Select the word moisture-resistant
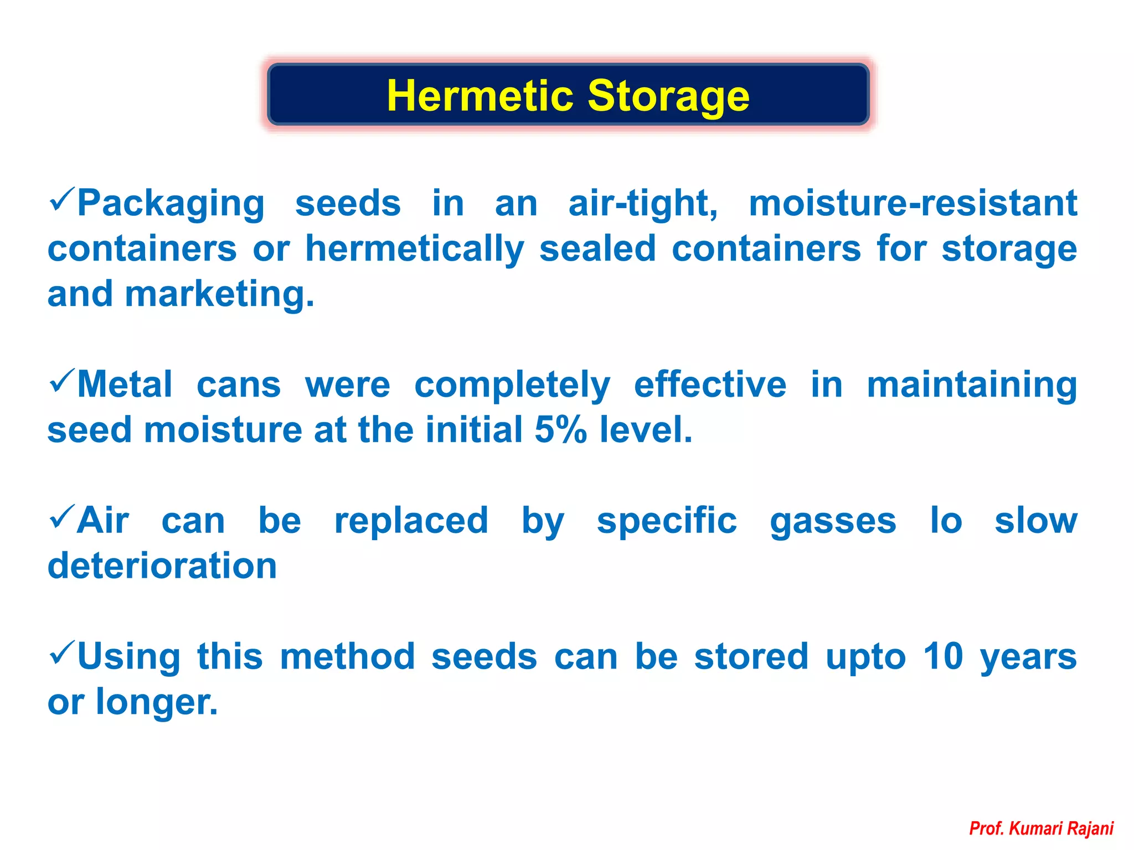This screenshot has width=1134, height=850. (913, 203)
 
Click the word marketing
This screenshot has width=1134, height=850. (219, 294)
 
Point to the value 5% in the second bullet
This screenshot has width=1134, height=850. (560, 430)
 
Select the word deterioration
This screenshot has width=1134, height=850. (162, 566)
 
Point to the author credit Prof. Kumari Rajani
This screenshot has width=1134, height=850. (1041, 828)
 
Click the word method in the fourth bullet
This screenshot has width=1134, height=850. (347, 657)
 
